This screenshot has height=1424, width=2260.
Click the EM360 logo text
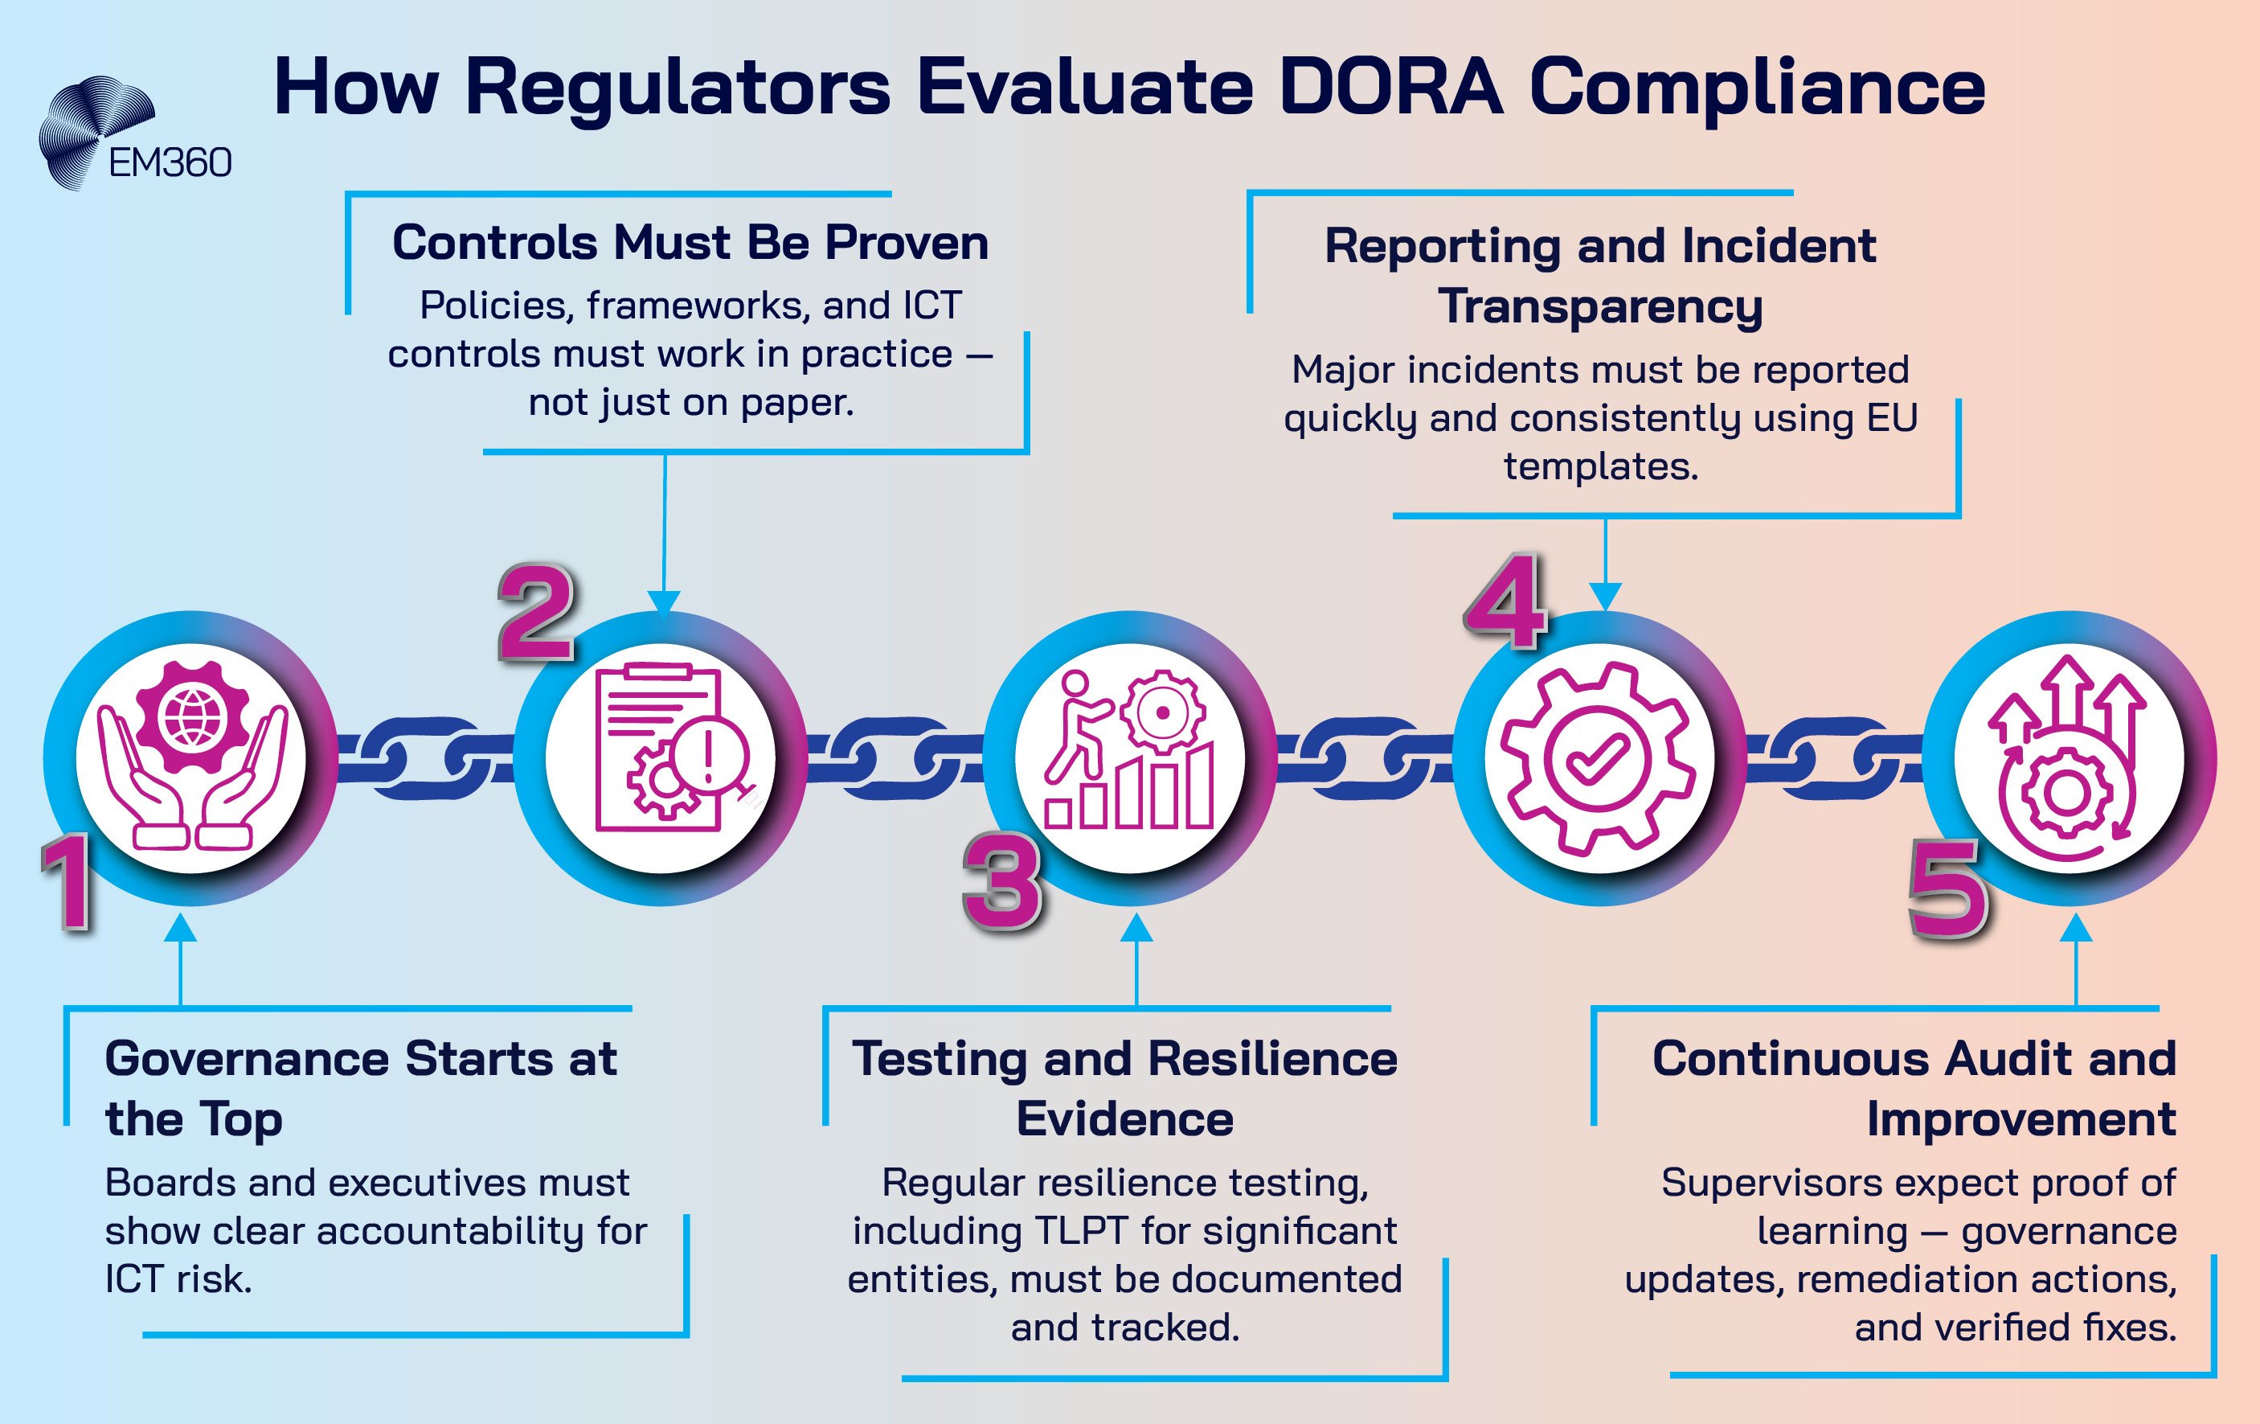pyautogui.click(x=170, y=163)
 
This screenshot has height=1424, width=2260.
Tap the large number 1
pyautogui.click(x=68, y=882)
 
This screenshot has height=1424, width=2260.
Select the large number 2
pyautogui.click(x=535, y=612)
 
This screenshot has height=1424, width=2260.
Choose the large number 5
pyautogui.click(x=1947, y=889)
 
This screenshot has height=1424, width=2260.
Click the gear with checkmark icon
pyautogui.click(x=1599, y=757)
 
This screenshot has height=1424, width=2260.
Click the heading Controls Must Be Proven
pyautogui.click(x=690, y=243)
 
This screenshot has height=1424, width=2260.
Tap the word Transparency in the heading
pyautogui.click(x=1600, y=307)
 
